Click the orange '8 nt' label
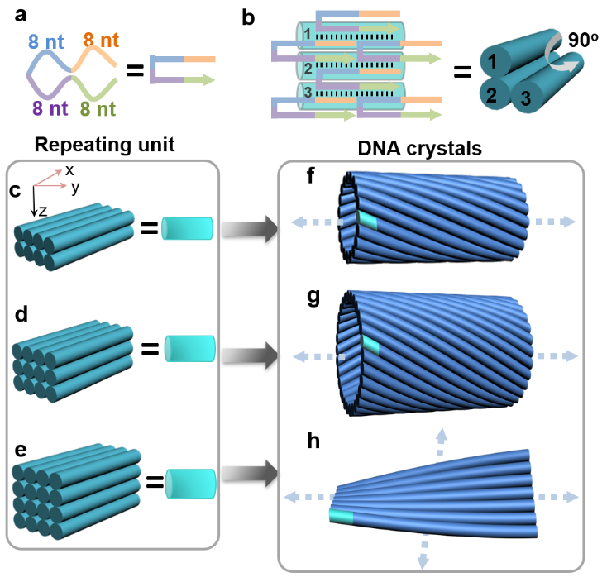(100, 39)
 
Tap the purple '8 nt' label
(50, 108)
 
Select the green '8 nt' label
(98, 108)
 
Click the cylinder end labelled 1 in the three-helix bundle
(493, 61)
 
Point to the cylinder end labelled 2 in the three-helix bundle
(491, 95)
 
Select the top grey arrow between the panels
(251, 227)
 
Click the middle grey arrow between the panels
(251, 355)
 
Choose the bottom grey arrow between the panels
(251, 474)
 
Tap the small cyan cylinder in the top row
(187, 227)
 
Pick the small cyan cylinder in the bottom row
(190, 484)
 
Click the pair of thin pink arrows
(50, 179)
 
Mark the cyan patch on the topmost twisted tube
(367, 219)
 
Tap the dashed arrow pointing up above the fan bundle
(441, 443)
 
